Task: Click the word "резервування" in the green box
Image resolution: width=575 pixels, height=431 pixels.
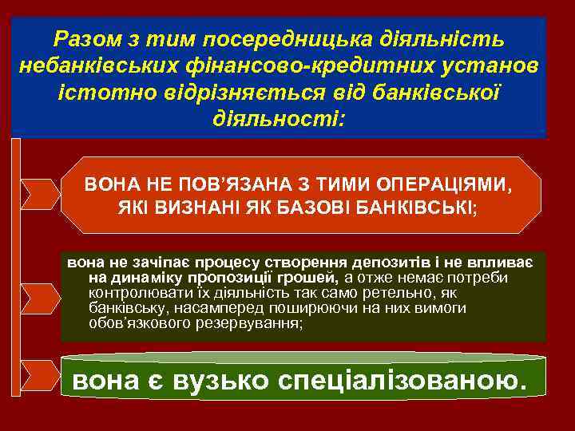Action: coord(255,325)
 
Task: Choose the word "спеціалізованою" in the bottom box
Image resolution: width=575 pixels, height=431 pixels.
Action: coord(401,382)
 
